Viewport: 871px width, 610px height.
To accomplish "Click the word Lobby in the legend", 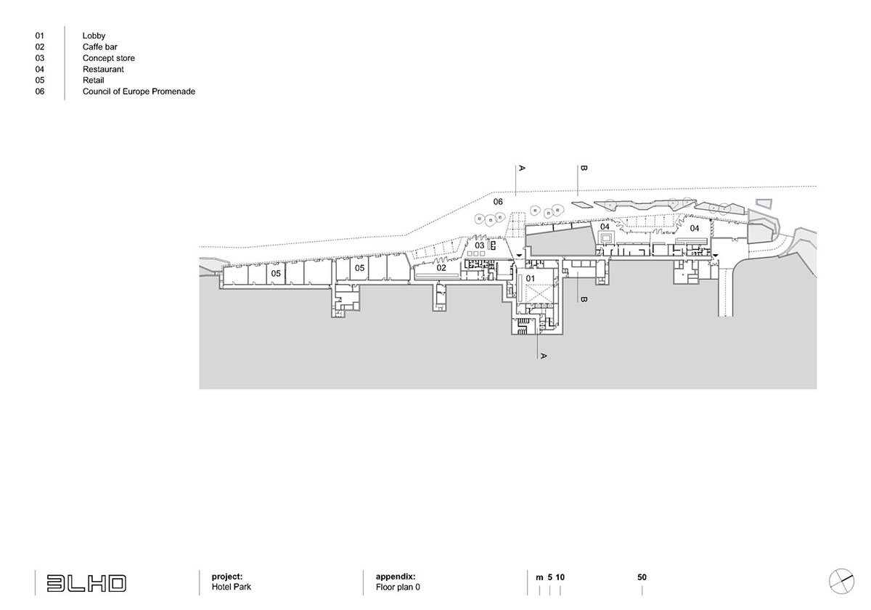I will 94,36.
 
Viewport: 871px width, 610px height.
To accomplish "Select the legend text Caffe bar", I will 99,46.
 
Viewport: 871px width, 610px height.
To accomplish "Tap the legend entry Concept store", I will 108,58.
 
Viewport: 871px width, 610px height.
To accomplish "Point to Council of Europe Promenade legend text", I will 139,91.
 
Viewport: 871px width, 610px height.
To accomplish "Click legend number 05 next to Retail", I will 39,81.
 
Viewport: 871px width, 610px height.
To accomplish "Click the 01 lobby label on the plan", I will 530,278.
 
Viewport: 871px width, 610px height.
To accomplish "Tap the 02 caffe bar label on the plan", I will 441,267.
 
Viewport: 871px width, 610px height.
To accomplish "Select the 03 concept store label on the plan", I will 480,245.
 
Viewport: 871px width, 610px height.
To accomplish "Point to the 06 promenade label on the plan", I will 498,201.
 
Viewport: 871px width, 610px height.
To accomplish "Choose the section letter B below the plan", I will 583,298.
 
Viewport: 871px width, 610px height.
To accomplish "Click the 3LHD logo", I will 86,582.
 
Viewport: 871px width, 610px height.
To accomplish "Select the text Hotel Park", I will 231,587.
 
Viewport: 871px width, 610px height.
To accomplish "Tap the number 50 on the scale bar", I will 642,577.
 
